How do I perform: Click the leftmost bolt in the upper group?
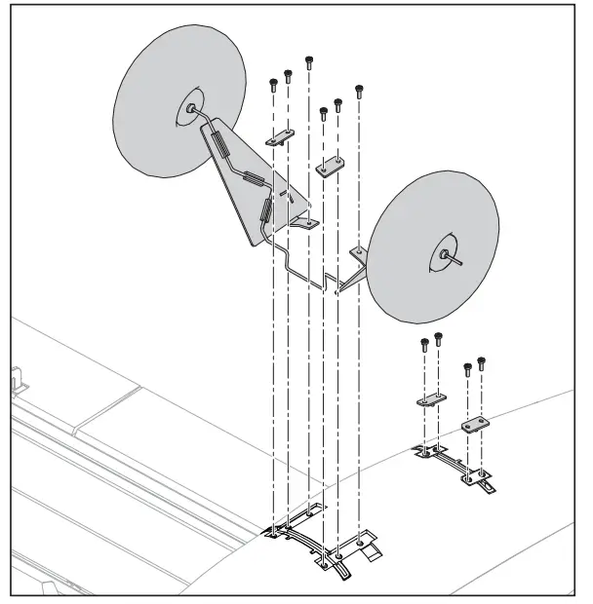273,84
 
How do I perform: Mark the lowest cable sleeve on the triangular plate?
264,211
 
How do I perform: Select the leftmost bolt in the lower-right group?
424,345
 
